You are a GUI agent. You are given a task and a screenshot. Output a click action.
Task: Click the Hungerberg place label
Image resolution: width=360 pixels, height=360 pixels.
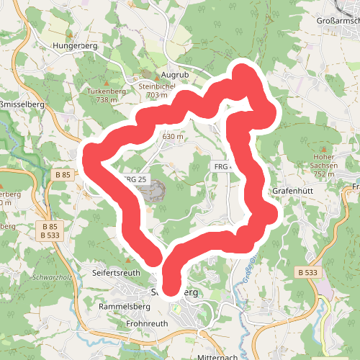click(74, 45)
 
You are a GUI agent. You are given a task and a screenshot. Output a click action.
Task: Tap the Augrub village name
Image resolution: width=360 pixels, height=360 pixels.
click(174, 74)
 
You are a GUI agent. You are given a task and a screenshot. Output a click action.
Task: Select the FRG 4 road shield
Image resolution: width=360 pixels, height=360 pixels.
click(222, 167)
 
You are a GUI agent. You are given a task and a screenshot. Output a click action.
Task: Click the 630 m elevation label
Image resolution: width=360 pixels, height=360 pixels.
click(173, 136)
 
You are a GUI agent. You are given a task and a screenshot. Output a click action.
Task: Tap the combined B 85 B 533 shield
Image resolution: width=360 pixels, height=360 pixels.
click(50, 230)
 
